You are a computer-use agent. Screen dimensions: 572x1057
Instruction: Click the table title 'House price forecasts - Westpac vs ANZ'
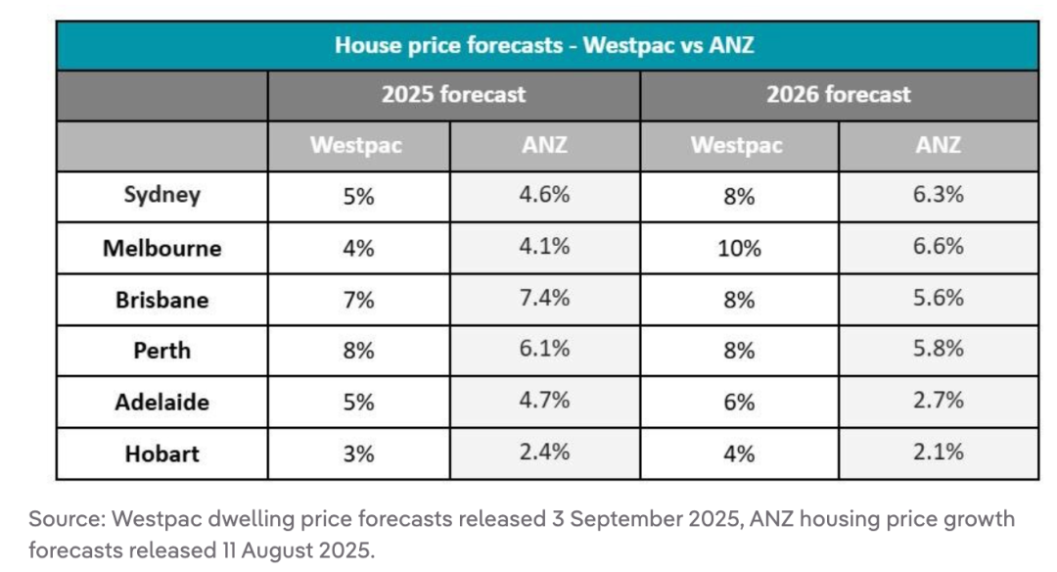pyautogui.click(x=544, y=45)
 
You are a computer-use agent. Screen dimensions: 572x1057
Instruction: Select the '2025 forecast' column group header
pyautogui.click(x=453, y=95)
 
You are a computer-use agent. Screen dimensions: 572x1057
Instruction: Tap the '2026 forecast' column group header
pyautogui.click(x=838, y=95)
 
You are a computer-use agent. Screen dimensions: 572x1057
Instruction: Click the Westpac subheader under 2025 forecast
pyautogui.click(x=356, y=146)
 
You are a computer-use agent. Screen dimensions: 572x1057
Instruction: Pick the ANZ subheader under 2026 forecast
pyautogui.click(x=938, y=146)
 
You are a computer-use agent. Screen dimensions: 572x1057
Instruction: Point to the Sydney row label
pyautogui.click(x=161, y=195)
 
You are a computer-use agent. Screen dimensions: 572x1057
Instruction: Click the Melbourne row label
pyautogui.click(x=161, y=248)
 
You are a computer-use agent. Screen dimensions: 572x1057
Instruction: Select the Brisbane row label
pyautogui.click(x=161, y=300)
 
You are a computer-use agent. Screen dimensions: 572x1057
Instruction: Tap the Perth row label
pyautogui.click(x=161, y=351)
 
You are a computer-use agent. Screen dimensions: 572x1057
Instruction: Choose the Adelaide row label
pyautogui.click(x=161, y=403)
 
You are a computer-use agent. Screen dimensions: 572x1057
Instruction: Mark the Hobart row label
pyautogui.click(x=161, y=453)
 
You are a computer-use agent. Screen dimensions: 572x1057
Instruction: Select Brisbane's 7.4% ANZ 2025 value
pyautogui.click(x=545, y=299)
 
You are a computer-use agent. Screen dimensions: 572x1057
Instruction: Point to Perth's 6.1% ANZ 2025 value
pyautogui.click(x=545, y=350)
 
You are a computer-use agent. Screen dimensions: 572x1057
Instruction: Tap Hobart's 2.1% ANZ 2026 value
pyautogui.click(x=938, y=452)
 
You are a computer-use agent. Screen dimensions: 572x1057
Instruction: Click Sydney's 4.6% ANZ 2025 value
pyautogui.click(x=545, y=195)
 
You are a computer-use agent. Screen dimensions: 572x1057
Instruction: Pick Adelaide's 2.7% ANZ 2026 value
pyautogui.click(x=938, y=401)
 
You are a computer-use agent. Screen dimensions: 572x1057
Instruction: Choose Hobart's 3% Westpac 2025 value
pyautogui.click(x=358, y=453)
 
